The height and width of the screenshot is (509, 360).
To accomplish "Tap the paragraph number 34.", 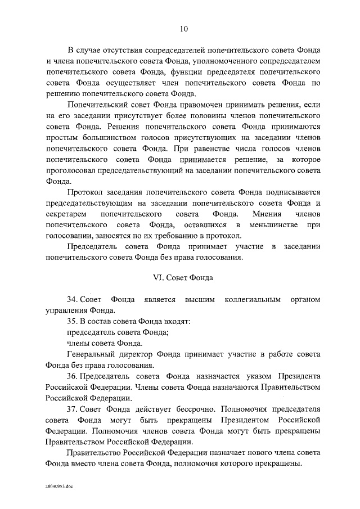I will click(73, 300).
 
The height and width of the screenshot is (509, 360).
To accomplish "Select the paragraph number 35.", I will click(73, 321).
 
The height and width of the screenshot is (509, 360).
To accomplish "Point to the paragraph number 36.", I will click(73, 376).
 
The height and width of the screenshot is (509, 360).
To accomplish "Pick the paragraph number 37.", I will click(73, 409).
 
